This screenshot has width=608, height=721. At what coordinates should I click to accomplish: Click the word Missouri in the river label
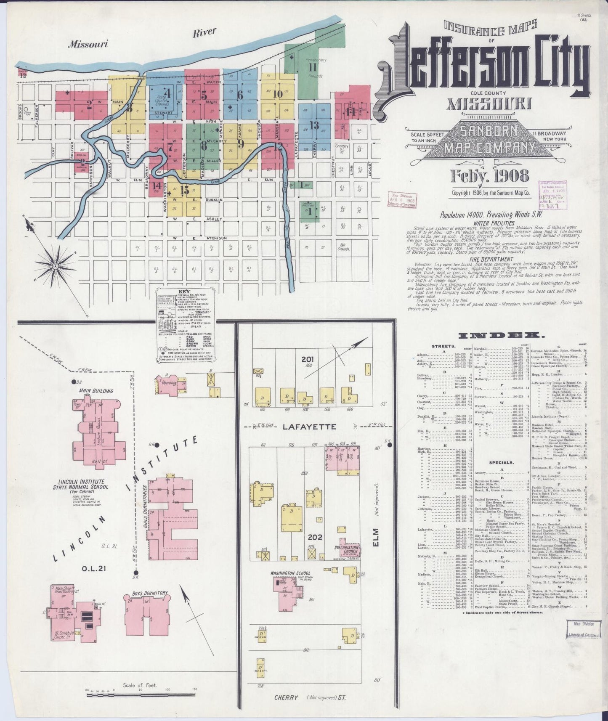(89, 43)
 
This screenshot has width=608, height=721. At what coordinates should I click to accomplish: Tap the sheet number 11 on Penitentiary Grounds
(312, 67)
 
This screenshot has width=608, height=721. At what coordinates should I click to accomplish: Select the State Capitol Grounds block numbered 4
(168, 93)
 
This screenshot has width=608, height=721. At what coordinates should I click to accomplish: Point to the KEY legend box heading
(185, 291)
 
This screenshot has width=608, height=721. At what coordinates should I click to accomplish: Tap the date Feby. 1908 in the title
(489, 176)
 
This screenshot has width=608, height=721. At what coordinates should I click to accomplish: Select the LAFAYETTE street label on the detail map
(309, 427)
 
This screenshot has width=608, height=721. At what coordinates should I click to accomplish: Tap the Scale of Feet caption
(140, 685)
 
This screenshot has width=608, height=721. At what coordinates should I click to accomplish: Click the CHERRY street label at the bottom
(286, 697)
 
